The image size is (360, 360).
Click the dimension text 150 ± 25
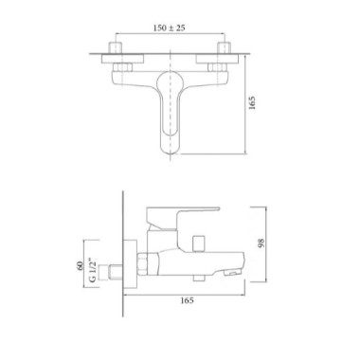(x=170, y=28)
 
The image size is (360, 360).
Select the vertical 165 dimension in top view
(x=252, y=103)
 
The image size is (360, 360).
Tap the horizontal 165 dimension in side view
(x=187, y=300)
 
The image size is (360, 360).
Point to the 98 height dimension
(x=261, y=243)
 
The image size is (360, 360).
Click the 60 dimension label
(x=80, y=266)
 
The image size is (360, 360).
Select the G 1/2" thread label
(x=92, y=270)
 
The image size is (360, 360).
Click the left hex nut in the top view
(x=121, y=67)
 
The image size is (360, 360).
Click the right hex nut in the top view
(x=218, y=67)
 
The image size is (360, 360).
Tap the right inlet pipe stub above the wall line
(x=224, y=47)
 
